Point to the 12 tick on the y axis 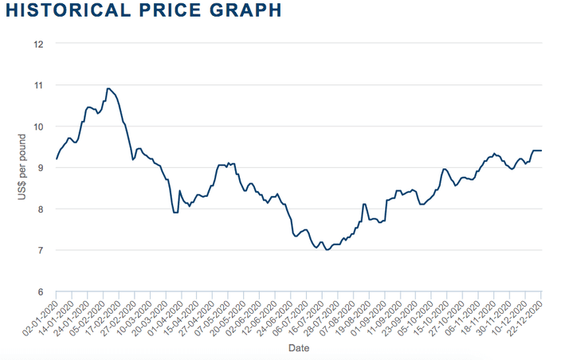coord(37,44)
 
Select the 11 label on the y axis coord(37,85)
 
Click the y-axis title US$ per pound coord(22,168)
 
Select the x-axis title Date coord(299,348)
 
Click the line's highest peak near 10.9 coord(108,88)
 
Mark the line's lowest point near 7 coord(327,250)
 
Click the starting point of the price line coord(57,159)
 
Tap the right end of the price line coord(542,151)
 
